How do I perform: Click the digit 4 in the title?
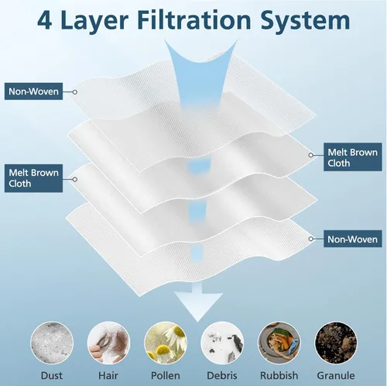tap(45, 20)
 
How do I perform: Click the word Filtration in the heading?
tap(193, 20)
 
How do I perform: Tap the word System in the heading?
tap(305, 21)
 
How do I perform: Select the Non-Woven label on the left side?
tap(33, 91)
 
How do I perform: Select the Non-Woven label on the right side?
tap(353, 239)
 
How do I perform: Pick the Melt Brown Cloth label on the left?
tap(33, 178)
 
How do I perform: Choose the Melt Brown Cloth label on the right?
tap(353, 157)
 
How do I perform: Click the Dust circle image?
tap(52, 343)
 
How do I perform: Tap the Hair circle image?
tap(108, 343)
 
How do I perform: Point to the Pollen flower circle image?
tap(166, 343)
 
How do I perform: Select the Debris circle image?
tap(222, 343)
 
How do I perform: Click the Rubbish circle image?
tap(279, 343)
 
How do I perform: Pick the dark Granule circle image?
tap(336, 343)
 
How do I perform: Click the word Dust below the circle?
tap(52, 375)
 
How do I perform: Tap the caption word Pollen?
tap(166, 375)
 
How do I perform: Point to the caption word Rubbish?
tap(279, 375)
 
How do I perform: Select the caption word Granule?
tap(336, 375)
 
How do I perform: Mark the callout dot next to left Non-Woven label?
tap(75, 92)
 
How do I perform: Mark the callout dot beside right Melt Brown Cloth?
tap(311, 155)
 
